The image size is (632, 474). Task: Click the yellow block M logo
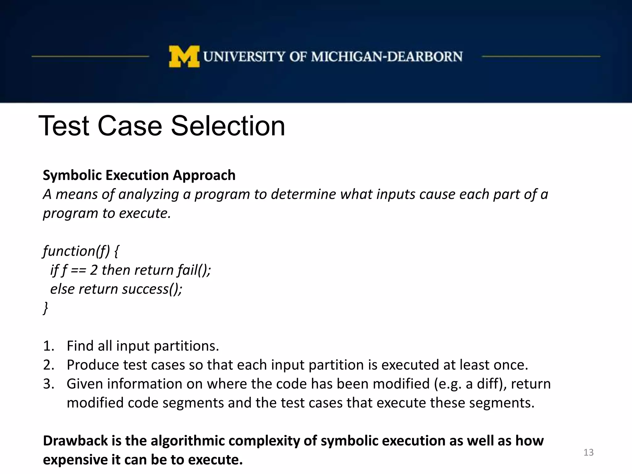(184, 56)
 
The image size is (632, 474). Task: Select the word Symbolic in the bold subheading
(72, 175)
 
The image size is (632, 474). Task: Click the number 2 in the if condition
(94, 270)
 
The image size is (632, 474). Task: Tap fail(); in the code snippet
(194, 270)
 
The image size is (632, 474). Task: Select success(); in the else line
(152, 289)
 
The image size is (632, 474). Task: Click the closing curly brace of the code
(46, 308)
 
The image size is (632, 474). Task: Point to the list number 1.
(48, 346)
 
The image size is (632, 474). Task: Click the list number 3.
(48, 384)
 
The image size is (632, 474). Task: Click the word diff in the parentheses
(489, 384)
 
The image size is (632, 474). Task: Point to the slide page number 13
(588, 452)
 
